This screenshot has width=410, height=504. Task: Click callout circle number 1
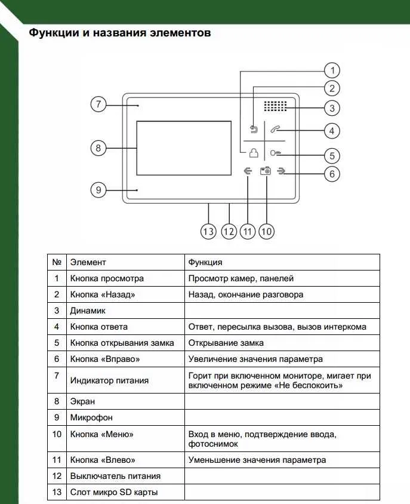[x=332, y=69]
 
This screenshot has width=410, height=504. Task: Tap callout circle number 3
[x=332, y=107]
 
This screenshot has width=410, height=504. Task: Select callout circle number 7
[x=98, y=104]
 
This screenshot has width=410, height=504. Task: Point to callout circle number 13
[x=208, y=232]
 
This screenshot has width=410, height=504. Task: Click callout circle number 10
[x=266, y=232]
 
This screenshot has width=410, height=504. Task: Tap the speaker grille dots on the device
[x=276, y=106]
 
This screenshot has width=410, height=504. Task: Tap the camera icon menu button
[x=266, y=171]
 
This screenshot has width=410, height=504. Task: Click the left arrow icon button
[x=248, y=171]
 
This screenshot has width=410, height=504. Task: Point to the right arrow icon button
[x=283, y=171]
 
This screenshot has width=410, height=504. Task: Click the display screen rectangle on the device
[x=183, y=147]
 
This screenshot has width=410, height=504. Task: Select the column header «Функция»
[x=205, y=262]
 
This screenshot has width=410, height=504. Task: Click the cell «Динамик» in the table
[x=88, y=311]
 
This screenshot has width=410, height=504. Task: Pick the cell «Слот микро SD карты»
[x=114, y=492]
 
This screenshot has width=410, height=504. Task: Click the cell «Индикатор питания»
[x=109, y=380]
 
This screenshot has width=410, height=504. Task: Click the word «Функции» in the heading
[x=52, y=33]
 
